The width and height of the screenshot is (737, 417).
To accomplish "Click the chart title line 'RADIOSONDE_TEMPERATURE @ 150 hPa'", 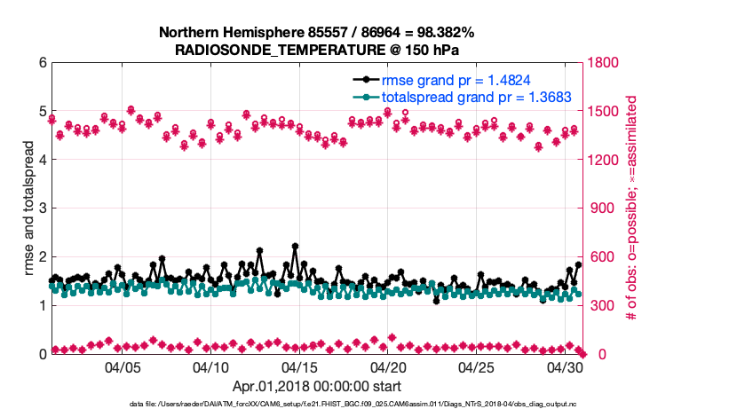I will coord(316,50).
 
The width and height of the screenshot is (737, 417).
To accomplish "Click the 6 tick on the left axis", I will coord(41,63).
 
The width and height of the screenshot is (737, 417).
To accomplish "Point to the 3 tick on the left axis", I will coord(41,208).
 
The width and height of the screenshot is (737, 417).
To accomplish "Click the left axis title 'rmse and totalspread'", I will coord(28,208).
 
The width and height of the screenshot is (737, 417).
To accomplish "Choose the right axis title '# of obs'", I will coord(633,208).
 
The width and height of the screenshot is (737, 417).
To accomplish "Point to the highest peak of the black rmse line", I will coord(295,246).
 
